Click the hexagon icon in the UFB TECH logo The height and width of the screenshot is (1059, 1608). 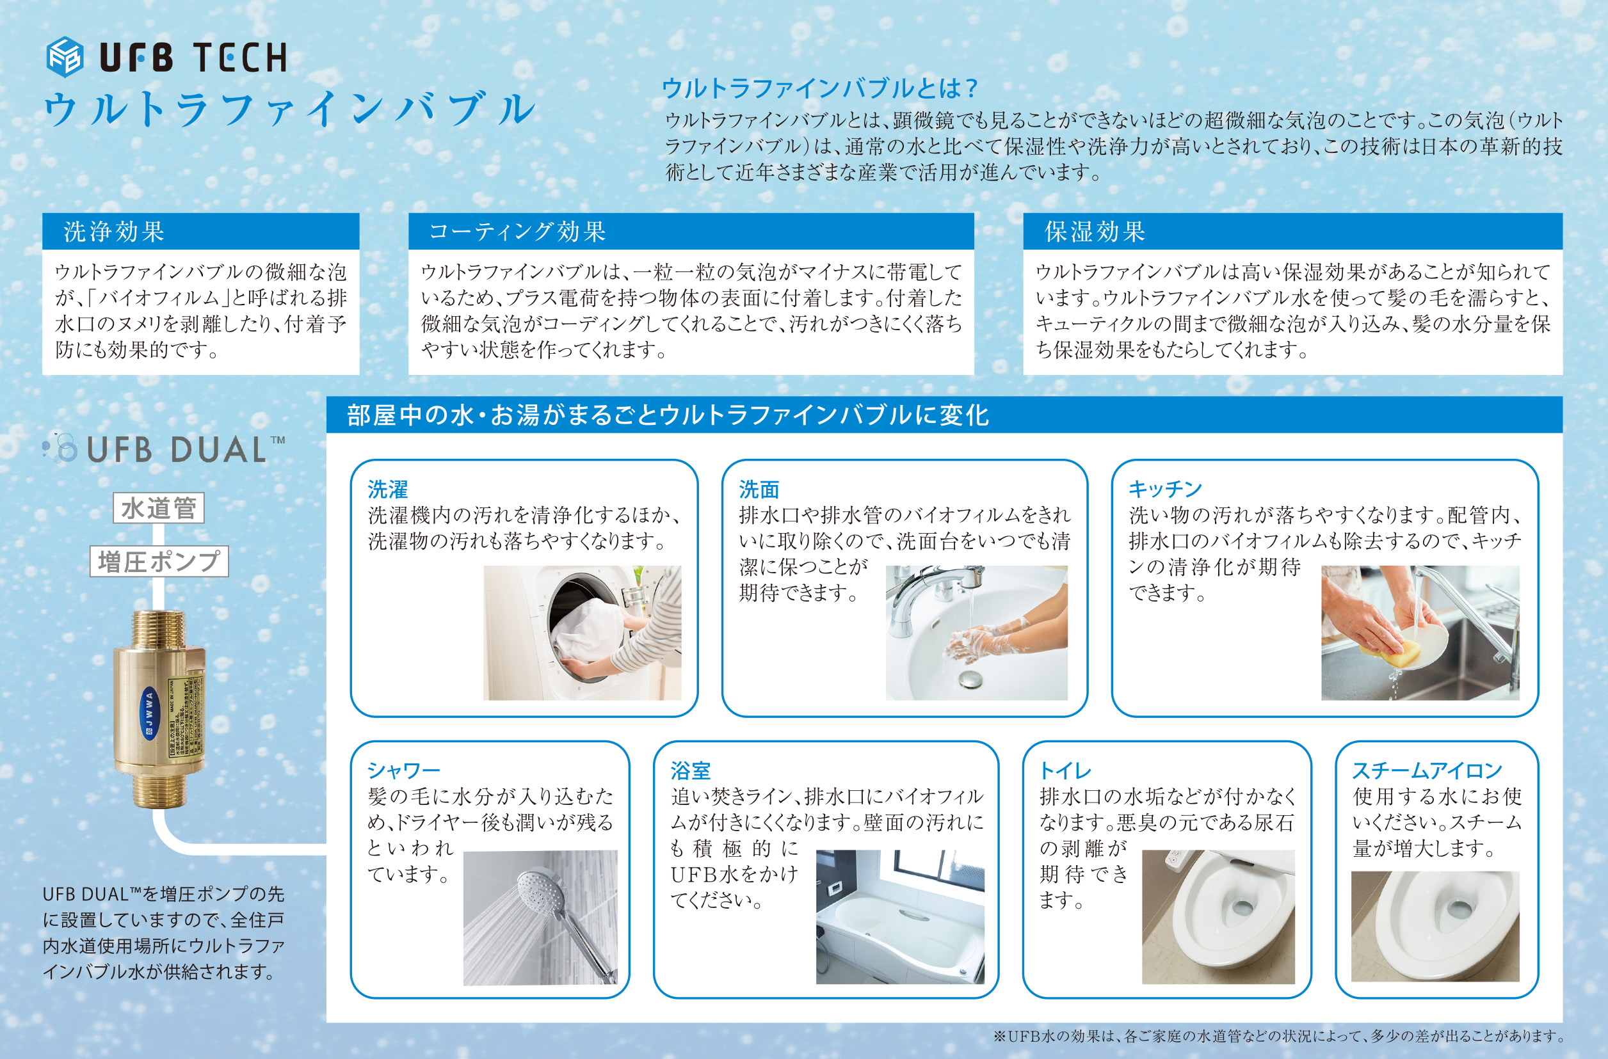click(x=65, y=57)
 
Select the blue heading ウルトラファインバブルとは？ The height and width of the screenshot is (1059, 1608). click(x=819, y=88)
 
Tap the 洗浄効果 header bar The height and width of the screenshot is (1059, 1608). click(x=200, y=231)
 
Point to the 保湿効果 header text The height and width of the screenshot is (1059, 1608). click(x=1095, y=232)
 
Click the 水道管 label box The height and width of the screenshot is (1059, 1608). click(x=159, y=508)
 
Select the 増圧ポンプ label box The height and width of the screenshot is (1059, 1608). click(x=159, y=561)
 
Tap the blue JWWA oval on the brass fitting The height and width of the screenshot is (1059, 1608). click(x=149, y=714)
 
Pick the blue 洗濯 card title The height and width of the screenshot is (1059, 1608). click(x=388, y=488)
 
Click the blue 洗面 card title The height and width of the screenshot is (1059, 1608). click(x=759, y=488)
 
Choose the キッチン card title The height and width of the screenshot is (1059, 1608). click(x=1166, y=488)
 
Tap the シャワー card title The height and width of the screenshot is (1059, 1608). click(x=404, y=770)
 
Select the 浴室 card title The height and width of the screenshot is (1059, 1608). click(x=691, y=770)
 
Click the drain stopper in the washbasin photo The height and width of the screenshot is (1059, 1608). click(x=970, y=678)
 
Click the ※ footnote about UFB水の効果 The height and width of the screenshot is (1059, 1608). click(x=1278, y=1035)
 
